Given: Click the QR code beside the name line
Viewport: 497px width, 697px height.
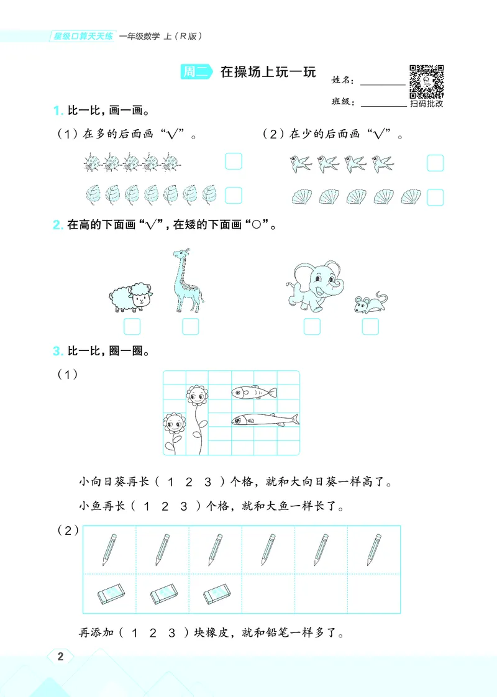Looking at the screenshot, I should pyautogui.click(x=426, y=81).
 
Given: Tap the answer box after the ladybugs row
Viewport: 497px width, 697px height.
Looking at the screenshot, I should pyautogui.click(x=233, y=162).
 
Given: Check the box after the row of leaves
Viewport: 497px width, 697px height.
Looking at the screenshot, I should pyautogui.click(x=233, y=196).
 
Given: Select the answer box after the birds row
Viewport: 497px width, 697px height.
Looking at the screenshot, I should pyautogui.click(x=435, y=163).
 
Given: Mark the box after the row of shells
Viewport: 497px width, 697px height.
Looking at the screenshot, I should pyautogui.click(x=435, y=197).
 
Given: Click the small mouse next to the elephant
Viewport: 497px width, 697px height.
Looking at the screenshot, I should pyautogui.click(x=369, y=304).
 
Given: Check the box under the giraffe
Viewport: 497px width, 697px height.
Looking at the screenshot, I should pyautogui.click(x=190, y=326).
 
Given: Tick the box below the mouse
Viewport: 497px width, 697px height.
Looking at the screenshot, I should pyautogui.click(x=370, y=326).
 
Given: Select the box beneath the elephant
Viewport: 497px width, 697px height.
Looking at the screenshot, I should pyautogui.click(x=312, y=326).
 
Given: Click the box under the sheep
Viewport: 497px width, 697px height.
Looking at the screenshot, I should pyautogui.click(x=132, y=326).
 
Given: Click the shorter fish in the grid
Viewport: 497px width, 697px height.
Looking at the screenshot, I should pyautogui.click(x=254, y=392).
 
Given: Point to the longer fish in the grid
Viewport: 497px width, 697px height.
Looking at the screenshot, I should pyautogui.click(x=261, y=420).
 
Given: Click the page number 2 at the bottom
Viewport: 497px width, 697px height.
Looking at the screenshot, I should pyautogui.click(x=60, y=657).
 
